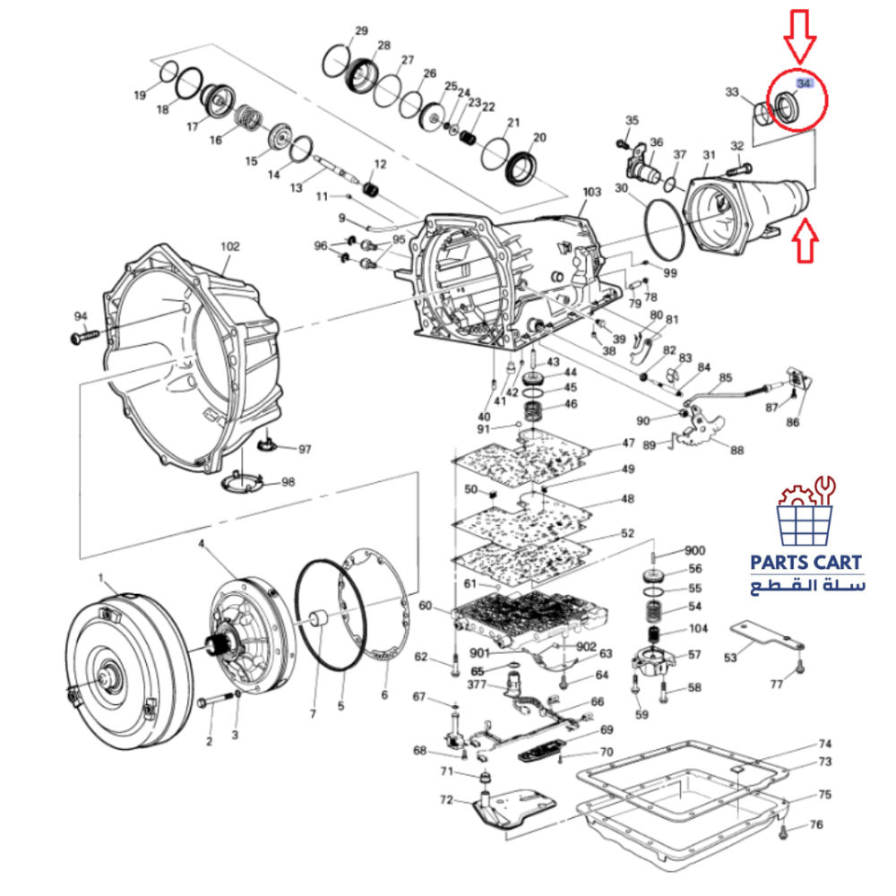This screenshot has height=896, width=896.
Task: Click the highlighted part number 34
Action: coord(804,83)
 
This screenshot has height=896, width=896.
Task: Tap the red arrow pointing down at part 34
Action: coord(799,36)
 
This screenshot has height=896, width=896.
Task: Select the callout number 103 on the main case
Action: coord(591,193)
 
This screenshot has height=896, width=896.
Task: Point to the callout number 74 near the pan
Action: coord(825,745)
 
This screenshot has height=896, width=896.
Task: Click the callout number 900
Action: coord(694,550)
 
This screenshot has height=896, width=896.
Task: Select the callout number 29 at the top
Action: coord(360,31)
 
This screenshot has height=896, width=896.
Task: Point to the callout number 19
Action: coord(141,95)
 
